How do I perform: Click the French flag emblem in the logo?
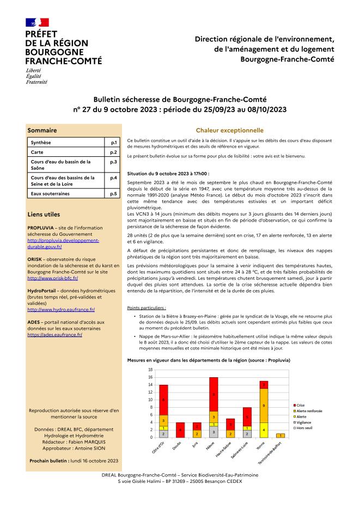click(37, 22)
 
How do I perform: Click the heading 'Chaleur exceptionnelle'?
click(222, 131)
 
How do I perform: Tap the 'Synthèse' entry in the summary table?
click(41, 142)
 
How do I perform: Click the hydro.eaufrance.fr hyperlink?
click(61, 309)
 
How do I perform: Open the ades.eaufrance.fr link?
click(54, 335)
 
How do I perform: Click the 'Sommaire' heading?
click(42, 131)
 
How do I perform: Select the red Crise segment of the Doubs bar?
click(180, 430)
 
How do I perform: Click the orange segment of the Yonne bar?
click(264, 406)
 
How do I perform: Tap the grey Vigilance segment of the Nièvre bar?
click(213, 432)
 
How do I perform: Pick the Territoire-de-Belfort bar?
click(280, 436)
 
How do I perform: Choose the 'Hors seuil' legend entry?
click(306, 428)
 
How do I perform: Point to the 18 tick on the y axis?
click(150, 370)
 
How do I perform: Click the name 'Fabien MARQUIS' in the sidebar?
click(88, 443)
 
